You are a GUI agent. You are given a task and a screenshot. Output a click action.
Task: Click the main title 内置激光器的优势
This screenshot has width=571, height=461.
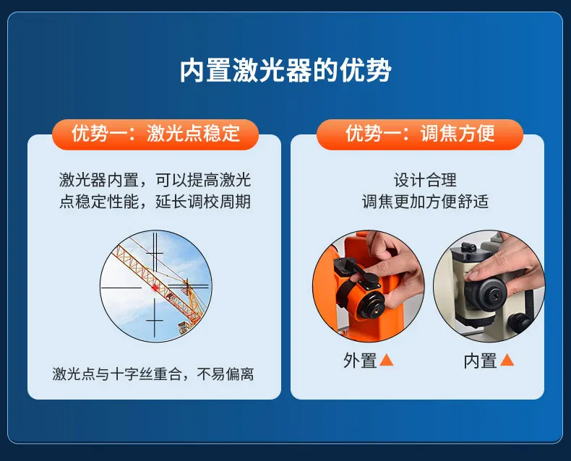click(285, 70)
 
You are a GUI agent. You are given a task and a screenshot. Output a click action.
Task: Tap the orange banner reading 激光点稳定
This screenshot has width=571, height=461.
click(155, 134)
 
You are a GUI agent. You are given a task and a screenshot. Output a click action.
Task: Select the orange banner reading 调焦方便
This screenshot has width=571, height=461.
click(420, 134)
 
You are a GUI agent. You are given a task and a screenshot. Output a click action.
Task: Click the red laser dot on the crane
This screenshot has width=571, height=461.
click(155, 288)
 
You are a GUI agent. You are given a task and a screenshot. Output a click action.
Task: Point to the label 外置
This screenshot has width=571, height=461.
click(360, 361)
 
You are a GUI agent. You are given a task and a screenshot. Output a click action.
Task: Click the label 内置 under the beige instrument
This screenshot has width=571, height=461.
click(480, 361)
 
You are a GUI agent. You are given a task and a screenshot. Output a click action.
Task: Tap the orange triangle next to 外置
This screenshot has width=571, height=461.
click(387, 360)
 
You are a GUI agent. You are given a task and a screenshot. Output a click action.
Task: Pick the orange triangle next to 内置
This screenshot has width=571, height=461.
click(507, 360)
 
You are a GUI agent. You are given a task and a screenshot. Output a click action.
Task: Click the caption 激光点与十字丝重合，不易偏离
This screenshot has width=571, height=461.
click(153, 374)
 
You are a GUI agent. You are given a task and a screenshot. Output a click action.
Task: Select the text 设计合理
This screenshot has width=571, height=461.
click(425, 180)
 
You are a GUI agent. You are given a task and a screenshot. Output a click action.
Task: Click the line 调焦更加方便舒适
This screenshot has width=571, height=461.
click(425, 202)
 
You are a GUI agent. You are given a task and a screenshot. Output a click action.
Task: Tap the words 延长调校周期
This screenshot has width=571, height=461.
click(203, 202)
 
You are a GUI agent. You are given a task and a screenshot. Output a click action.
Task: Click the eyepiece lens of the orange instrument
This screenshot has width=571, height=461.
click(372, 305)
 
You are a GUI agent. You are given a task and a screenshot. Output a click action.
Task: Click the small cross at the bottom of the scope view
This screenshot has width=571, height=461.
click(155, 321)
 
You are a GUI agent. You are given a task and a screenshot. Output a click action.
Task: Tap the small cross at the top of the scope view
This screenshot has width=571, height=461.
click(155, 252)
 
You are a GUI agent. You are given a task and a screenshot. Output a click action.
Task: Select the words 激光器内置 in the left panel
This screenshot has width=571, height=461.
click(99, 180)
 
